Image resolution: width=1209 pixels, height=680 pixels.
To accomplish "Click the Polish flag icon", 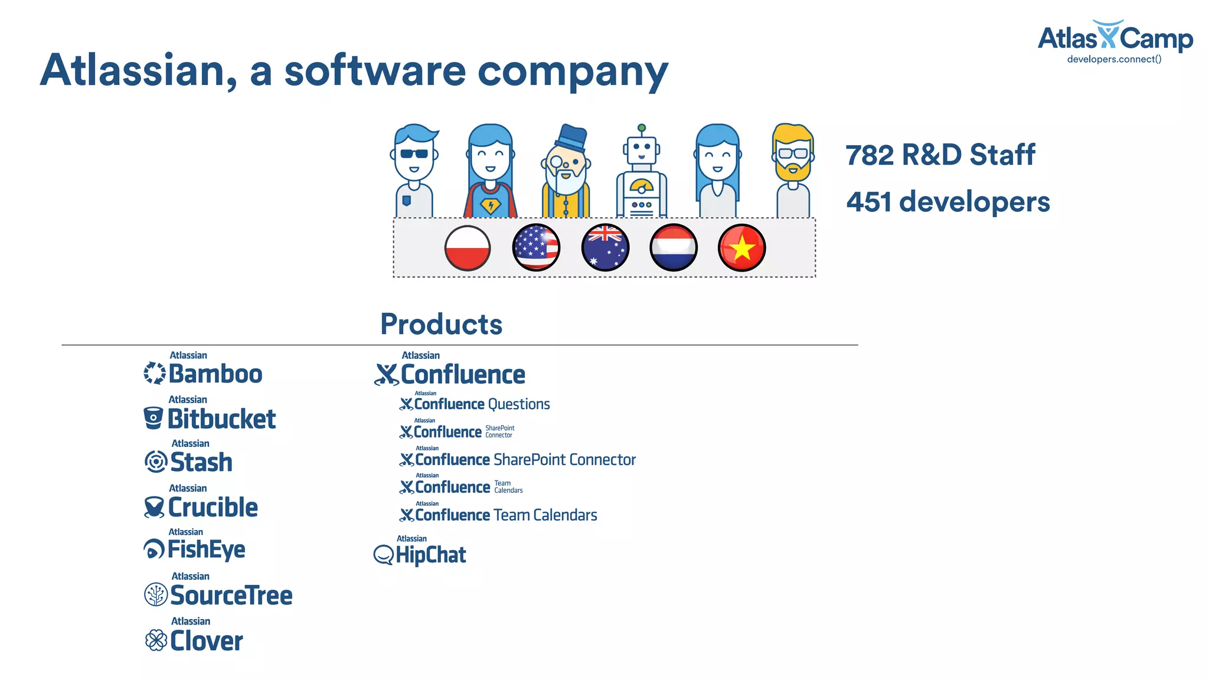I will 468,248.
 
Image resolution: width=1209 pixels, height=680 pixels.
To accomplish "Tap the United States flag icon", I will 536,248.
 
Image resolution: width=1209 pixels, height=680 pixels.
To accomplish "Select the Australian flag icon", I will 605,248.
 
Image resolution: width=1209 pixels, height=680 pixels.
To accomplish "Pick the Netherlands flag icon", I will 674,248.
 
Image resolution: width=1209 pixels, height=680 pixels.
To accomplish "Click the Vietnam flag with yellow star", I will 742,248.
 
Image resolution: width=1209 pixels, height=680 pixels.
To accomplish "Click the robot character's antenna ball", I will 642,128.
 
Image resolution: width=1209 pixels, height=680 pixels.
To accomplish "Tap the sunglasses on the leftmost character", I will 414,153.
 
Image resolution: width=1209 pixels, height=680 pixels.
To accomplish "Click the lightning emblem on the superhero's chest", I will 490,206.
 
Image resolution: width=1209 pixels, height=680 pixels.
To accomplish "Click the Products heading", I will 441,324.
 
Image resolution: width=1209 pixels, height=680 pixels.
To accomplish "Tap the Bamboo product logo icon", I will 155,373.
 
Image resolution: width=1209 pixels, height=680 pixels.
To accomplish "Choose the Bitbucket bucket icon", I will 153,418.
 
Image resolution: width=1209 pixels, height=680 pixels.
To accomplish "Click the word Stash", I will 201,462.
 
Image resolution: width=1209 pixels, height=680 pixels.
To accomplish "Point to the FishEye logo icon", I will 154,550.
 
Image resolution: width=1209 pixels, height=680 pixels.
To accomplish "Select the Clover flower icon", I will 156,640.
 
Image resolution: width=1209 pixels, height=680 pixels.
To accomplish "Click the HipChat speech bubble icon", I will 384,555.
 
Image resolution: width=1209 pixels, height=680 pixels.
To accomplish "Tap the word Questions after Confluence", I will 519,404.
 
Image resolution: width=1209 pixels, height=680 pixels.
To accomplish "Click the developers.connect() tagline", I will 1114,59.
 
